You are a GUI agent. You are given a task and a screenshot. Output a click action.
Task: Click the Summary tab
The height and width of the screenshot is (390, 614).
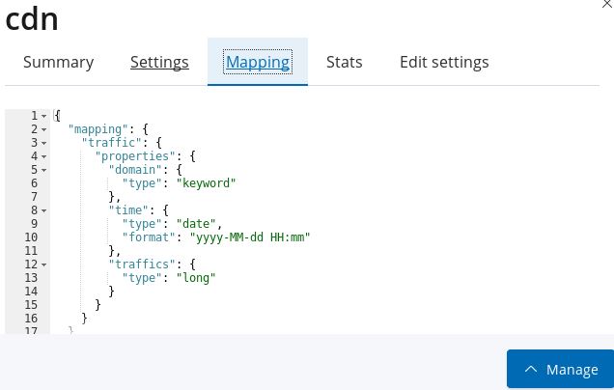tap(58, 63)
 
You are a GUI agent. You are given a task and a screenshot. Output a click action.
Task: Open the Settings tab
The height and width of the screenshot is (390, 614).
tap(159, 63)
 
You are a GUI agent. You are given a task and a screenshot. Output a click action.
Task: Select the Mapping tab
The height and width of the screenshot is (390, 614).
tap(258, 63)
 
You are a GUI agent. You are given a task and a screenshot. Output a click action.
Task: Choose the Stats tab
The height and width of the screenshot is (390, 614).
tap(345, 63)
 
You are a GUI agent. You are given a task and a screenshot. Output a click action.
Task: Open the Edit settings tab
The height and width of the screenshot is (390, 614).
tap(444, 63)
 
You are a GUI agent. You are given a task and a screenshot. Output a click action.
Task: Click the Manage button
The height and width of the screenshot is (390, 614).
tap(560, 369)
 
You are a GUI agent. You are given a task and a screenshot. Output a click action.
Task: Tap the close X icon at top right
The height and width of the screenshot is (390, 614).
tap(606, 5)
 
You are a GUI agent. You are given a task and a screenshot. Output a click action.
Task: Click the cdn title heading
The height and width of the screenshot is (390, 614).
tap(32, 19)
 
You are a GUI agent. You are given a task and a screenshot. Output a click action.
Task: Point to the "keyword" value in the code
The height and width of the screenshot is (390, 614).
tap(206, 182)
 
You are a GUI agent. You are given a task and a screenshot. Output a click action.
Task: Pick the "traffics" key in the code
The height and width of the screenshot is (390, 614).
tap(141, 264)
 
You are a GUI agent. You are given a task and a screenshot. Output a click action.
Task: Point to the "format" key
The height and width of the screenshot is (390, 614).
tap(145, 237)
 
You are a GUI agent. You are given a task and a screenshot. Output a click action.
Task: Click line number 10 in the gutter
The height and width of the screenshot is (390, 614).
tap(31, 237)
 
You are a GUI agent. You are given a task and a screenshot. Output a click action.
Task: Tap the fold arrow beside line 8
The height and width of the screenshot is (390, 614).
tap(44, 209)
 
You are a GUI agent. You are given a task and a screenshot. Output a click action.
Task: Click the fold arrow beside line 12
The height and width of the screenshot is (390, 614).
tap(44, 264)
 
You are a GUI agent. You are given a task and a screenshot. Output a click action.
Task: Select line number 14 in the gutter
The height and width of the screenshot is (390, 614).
tap(31, 291)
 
